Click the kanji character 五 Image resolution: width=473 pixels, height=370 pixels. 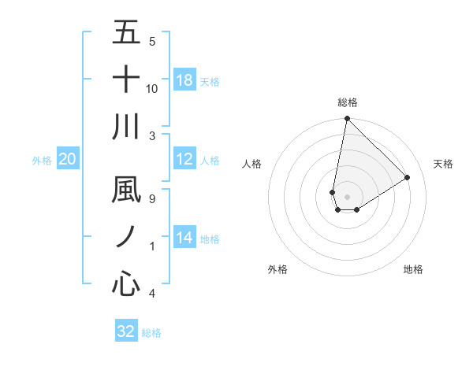coord(126,33)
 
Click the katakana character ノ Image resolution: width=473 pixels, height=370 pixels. coord(126,237)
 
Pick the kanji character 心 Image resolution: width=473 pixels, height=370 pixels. coord(126,283)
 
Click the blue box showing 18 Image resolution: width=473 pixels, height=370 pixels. coord(184,80)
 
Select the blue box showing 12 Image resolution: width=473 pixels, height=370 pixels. coord(184,159)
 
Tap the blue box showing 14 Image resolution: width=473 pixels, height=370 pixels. coord(184,238)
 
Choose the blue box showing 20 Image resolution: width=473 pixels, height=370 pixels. coord(67,159)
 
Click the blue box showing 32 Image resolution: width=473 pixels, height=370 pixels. coord(126,331)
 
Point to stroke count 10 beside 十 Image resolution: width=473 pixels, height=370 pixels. coord(152,88)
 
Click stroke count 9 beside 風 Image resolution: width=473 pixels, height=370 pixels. coord(152,199)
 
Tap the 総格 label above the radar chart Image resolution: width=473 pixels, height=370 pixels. coord(347,102)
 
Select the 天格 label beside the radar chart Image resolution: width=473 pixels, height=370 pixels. coord(443,164)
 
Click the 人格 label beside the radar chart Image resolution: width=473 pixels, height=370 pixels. coord(252,164)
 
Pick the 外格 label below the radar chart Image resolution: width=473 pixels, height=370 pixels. coord(277,269)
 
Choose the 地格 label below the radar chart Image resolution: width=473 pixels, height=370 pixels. coord(413,269)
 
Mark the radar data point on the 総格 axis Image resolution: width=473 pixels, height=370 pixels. coord(347,120)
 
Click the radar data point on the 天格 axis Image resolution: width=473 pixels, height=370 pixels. coord(408,177)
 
